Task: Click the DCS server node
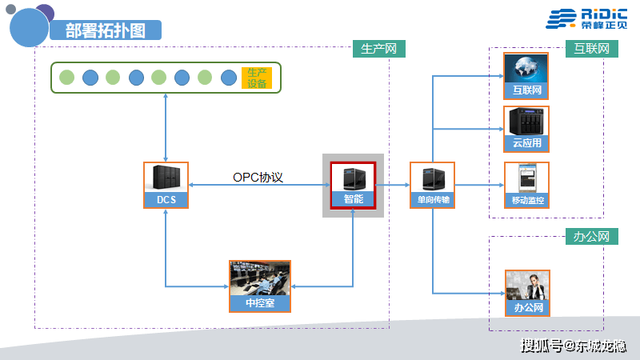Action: pyautogui.click(x=166, y=185)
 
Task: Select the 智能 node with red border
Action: pyautogui.click(x=354, y=185)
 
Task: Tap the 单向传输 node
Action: pyautogui.click(x=432, y=185)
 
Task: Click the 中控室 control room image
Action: pyautogui.click(x=260, y=286)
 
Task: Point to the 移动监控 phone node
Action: pyautogui.click(x=526, y=185)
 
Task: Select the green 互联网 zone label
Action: pyautogui.click(x=592, y=49)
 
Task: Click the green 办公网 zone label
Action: pyautogui.click(x=592, y=237)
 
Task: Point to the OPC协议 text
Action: pyautogui.click(x=258, y=177)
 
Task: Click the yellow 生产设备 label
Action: pyautogui.click(x=257, y=78)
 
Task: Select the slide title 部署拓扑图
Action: pyautogui.click(x=106, y=30)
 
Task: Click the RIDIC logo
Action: pyautogui.click(x=586, y=18)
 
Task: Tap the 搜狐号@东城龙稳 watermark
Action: pyautogui.click(x=573, y=346)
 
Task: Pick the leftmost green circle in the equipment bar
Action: pyautogui.click(x=67, y=78)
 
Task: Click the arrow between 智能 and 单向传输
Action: pyautogui.click(x=393, y=186)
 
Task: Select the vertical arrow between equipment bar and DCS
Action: pyautogui.click(x=166, y=128)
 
